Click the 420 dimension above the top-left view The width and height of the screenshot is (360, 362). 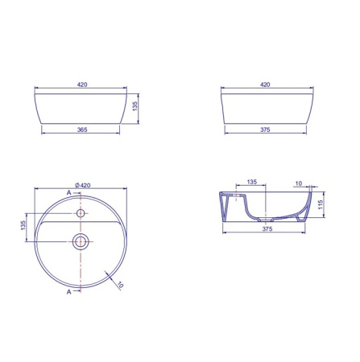[x=82, y=84]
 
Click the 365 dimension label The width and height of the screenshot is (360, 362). [x=82, y=130]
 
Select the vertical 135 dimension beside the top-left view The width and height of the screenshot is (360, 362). [x=135, y=106]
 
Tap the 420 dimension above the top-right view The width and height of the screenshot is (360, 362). [x=265, y=84]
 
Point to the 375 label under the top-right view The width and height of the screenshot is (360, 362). [x=265, y=130]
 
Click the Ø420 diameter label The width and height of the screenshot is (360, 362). [x=83, y=185]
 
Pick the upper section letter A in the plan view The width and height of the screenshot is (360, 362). [x=69, y=192]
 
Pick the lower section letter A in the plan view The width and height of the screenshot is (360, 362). [x=69, y=292]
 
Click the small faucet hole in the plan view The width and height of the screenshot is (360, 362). [x=81, y=213]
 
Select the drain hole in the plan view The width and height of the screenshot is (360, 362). [x=81, y=241]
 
